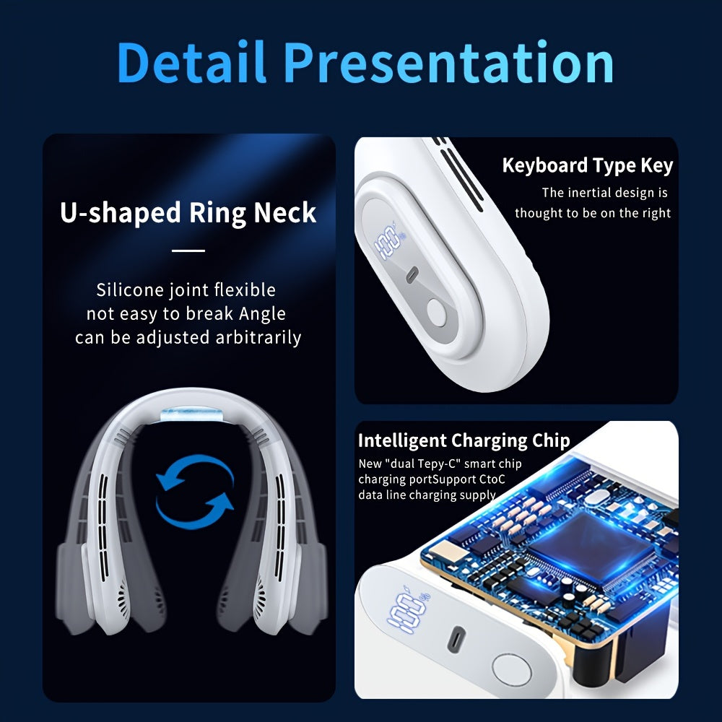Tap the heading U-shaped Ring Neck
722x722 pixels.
coord(188,213)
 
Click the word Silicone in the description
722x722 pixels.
coord(129,290)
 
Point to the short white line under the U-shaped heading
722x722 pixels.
coord(189,251)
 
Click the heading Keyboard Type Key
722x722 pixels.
coord(587,165)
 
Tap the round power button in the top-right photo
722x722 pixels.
coord(438,314)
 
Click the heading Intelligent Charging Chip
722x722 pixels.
coord(464,440)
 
